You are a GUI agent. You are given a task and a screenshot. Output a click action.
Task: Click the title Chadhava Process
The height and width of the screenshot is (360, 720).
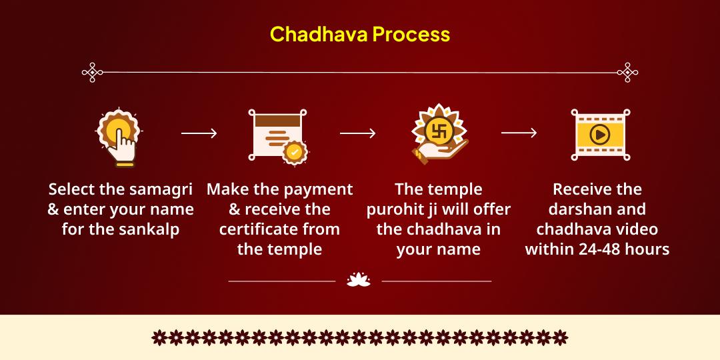(360, 34)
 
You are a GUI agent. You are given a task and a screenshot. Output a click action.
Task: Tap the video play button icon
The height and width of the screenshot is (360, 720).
(599, 135)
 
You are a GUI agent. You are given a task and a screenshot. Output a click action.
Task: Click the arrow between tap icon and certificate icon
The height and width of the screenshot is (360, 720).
(199, 133)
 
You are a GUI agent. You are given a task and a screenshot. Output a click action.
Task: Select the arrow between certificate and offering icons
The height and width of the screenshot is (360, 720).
(357, 133)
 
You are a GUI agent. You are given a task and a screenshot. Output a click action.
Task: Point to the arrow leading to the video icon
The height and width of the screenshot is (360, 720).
(519, 133)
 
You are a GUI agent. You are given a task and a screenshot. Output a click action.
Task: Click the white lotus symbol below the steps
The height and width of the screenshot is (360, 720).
(359, 281)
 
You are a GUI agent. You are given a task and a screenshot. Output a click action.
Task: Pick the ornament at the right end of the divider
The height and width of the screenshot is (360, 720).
(627, 72)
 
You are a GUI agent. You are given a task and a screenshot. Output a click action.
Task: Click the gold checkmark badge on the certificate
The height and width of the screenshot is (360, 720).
(293, 153)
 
